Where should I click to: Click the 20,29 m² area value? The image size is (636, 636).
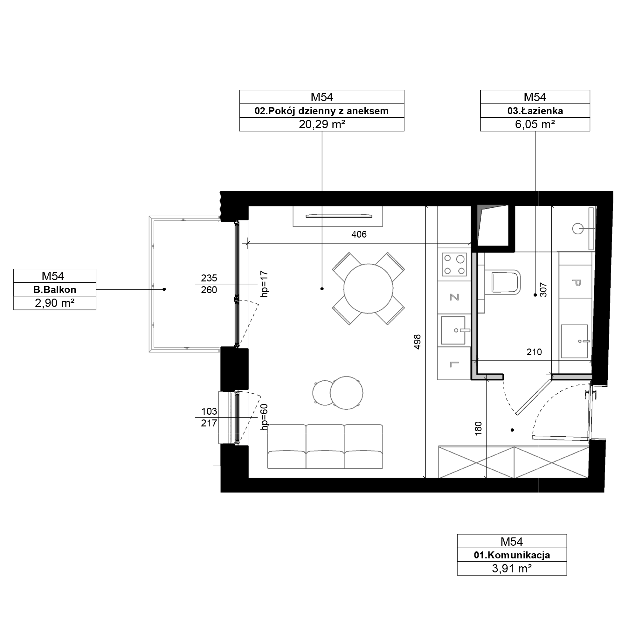321,124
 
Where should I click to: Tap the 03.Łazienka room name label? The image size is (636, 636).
535,111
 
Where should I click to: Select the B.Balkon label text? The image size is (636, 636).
55,290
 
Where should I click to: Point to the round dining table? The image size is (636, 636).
368,289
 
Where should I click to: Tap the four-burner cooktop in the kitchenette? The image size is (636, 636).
454,265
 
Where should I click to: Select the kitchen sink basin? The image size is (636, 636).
453,330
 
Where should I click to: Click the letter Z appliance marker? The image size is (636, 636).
454,297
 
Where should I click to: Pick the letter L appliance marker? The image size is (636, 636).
454,364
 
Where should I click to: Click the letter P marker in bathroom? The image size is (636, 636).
576,282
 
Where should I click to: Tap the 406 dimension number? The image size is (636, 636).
359,234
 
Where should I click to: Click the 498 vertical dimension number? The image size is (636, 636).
418,342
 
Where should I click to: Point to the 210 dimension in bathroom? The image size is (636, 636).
534,352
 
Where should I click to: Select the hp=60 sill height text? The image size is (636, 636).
264,417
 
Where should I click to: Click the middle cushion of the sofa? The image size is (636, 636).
325,446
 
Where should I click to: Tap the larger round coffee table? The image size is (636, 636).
346,393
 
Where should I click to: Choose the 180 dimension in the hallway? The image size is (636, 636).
478,429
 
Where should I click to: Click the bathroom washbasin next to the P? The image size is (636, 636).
574,341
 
